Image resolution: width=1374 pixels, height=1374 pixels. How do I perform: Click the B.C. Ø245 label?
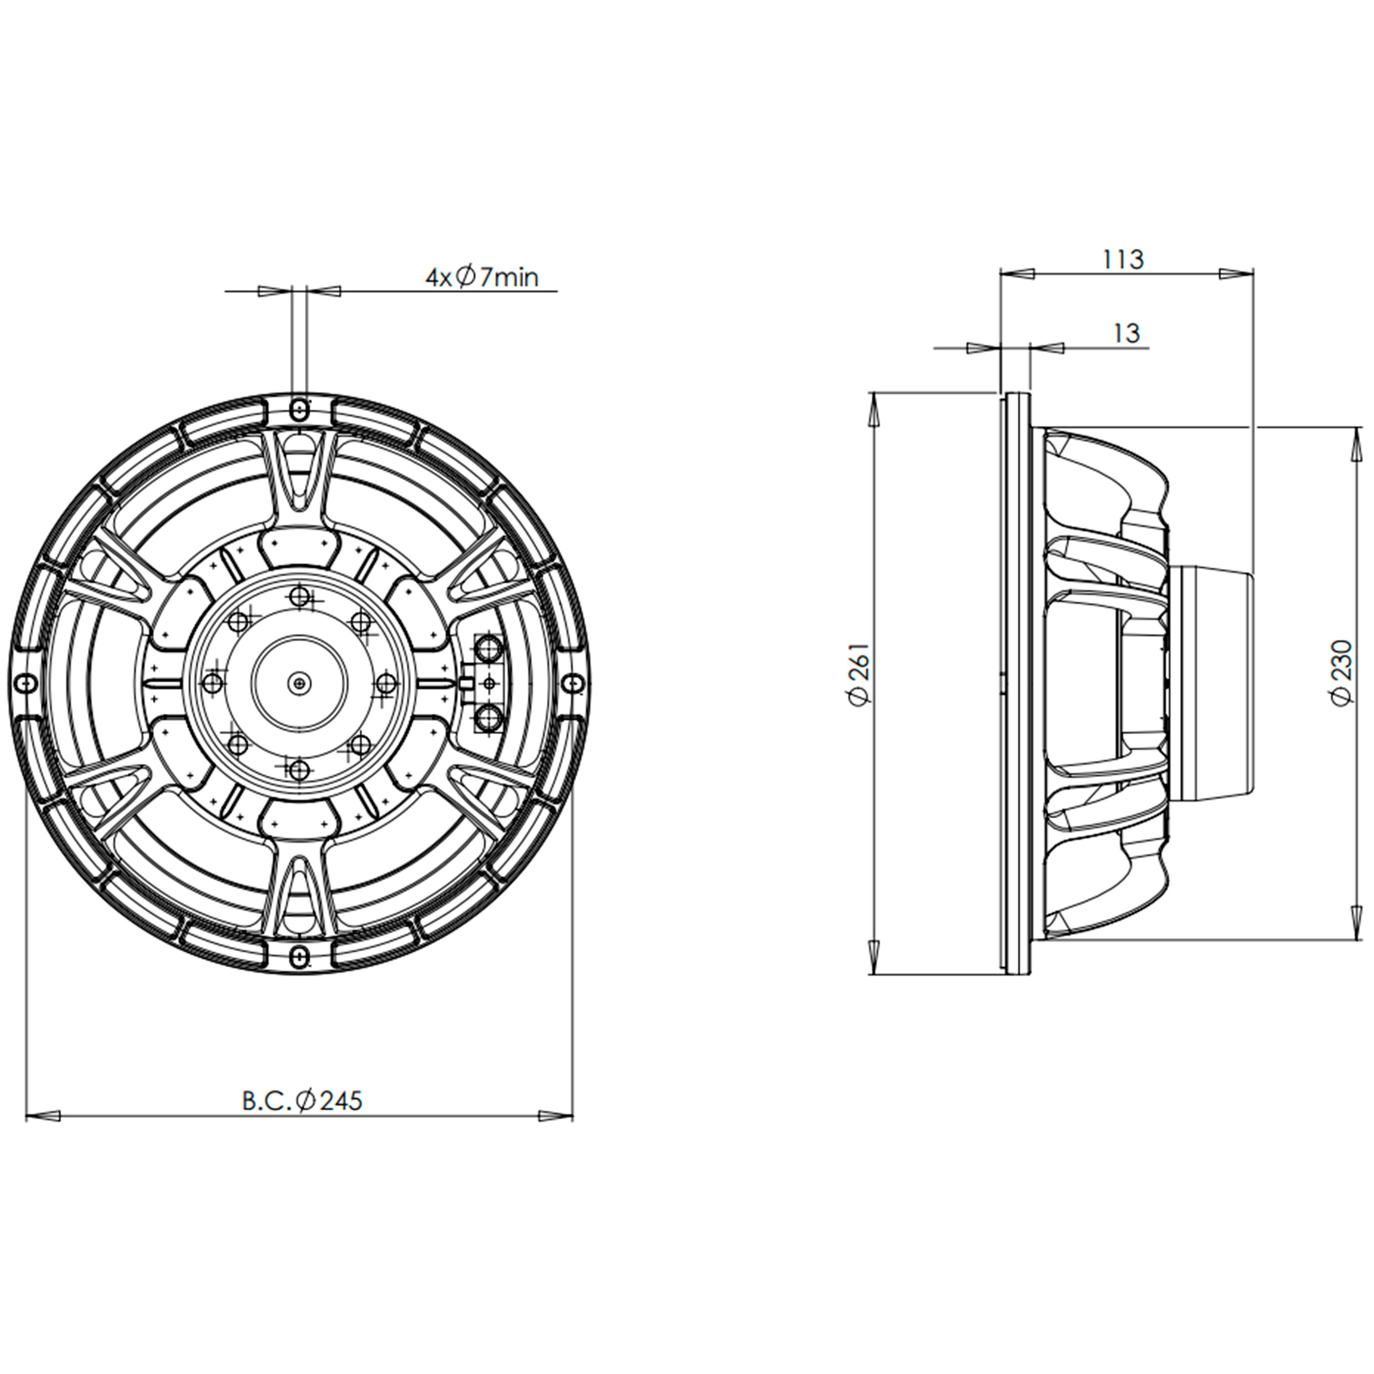click(x=302, y=1101)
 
